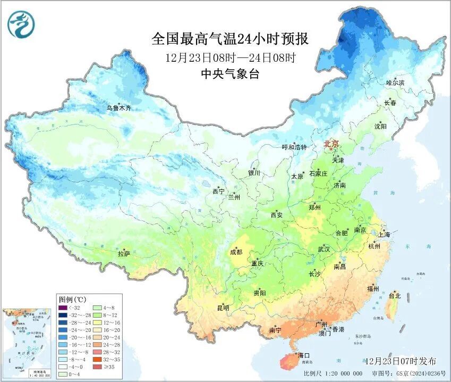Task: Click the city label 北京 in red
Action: point(331,144)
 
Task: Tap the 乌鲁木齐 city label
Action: point(118,108)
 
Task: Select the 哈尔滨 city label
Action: point(395,83)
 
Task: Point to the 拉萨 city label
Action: point(124,254)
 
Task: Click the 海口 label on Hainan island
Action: point(303,355)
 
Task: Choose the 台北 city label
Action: point(395,296)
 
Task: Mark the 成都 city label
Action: point(236,252)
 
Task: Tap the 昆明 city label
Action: point(223,308)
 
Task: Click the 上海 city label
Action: point(384,234)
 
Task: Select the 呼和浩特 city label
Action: point(294,147)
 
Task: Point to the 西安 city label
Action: point(277,215)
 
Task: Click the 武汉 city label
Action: point(324,249)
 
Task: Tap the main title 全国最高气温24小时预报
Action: point(230,39)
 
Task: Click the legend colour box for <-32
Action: point(63,308)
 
